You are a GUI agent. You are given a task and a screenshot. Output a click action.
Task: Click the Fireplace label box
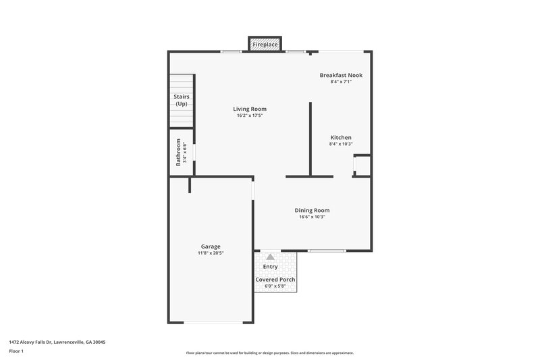265,45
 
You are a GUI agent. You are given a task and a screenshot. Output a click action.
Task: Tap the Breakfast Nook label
341,75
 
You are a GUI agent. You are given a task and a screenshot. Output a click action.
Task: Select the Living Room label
250,109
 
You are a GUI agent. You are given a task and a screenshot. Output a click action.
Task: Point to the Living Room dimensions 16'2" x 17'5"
250,115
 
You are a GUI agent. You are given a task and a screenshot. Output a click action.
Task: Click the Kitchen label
340,137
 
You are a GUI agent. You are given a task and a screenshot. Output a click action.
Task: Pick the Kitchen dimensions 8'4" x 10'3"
340,144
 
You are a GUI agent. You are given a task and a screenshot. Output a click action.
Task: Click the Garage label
211,247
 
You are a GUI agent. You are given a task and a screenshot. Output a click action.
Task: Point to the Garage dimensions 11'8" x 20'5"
211,253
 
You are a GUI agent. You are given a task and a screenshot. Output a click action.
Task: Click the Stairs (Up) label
182,100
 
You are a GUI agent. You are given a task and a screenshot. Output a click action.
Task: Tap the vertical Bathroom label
179,152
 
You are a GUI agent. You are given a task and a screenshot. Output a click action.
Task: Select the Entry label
270,266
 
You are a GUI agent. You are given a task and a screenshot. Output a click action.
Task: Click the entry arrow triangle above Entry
270,257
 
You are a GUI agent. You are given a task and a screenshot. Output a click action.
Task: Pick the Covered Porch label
275,279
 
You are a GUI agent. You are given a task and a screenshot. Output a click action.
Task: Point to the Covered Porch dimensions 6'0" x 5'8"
275,286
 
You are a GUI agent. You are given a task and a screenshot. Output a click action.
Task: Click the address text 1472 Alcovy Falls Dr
57,342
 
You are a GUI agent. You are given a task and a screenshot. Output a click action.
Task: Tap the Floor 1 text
17,351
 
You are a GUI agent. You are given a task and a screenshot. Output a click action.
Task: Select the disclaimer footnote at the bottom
269,353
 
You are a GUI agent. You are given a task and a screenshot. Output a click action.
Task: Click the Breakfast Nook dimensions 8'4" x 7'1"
341,82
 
